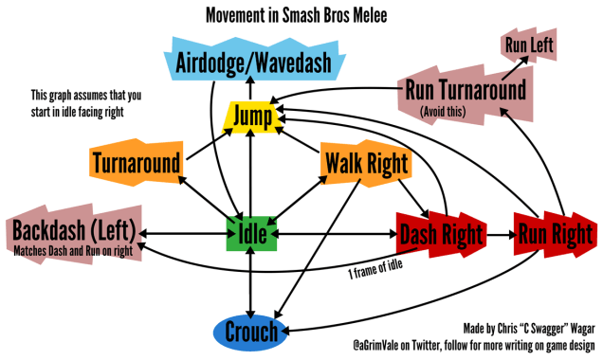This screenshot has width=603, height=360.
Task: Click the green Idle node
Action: tap(250, 232)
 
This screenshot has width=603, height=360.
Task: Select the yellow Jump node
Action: tap(251, 117)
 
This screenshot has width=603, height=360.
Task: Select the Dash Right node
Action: tap(440, 233)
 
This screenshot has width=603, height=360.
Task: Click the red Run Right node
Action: tap(556, 233)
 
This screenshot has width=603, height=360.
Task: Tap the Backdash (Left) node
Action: tap(73, 230)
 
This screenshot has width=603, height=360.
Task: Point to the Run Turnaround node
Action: tap(465, 91)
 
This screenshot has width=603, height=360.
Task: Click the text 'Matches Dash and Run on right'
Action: tap(74, 253)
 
